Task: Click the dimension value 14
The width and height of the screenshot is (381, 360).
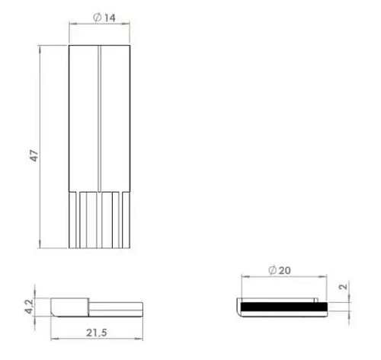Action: pyautogui.click(x=110, y=18)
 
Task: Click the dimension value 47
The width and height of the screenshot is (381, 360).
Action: pyautogui.click(x=34, y=155)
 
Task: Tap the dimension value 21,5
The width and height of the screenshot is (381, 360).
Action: pyautogui.click(x=97, y=333)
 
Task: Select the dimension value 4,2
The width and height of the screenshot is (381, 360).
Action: pyautogui.click(x=30, y=307)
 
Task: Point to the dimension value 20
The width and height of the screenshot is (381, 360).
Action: pyautogui.click(x=284, y=270)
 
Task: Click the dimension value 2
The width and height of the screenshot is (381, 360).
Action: pyautogui.click(x=343, y=287)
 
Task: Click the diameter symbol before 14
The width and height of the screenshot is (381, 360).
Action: pyautogui.click(x=98, y=18)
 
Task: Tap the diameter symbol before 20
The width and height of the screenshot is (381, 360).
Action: pyautogui.click(x=272, y=270)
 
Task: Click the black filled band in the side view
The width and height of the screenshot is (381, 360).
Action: pyautogui.click(x=284, y=307)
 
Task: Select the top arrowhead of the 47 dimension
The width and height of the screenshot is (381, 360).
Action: pyautogui.click(x=40, y=49)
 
